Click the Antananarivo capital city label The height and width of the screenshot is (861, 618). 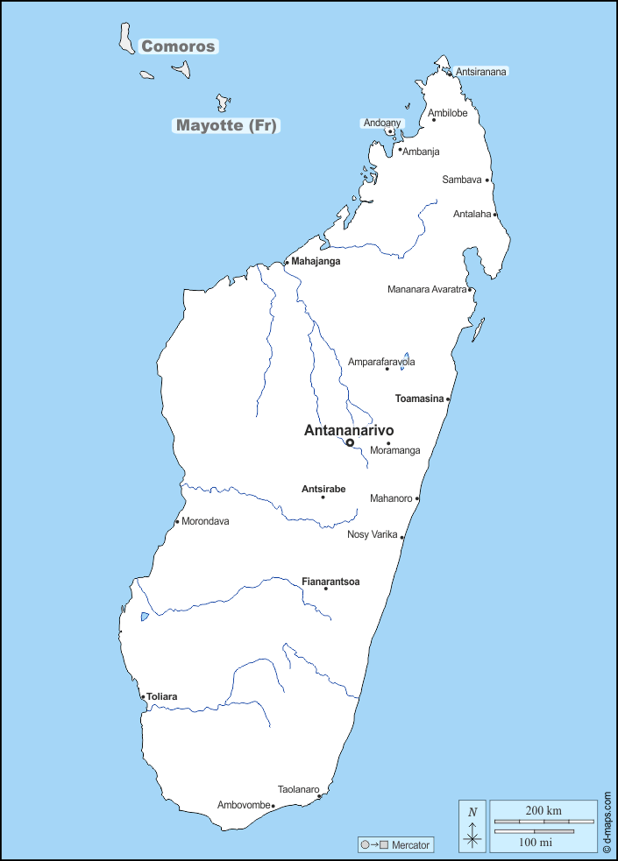[348, 430]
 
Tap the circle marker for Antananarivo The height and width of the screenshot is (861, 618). [350, 443]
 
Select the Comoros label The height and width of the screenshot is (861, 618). [178, 46]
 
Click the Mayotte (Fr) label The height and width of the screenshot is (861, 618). [226, 125]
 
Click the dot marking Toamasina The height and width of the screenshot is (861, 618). [448, 399]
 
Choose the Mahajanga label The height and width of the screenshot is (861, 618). [316, 261]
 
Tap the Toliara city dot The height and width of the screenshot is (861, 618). [143, 697]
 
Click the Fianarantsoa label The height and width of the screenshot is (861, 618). [330, 581]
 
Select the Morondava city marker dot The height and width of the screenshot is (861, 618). [177, 522]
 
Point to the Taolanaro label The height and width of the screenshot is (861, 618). [298, 788]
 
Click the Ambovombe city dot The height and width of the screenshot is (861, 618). [273, 806]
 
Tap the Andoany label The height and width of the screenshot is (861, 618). [383, 124]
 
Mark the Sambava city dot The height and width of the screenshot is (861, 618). [487, 180]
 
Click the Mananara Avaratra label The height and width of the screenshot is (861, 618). [427, 289]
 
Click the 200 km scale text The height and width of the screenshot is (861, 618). [543, 810]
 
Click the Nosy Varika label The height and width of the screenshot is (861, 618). [373, 534]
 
